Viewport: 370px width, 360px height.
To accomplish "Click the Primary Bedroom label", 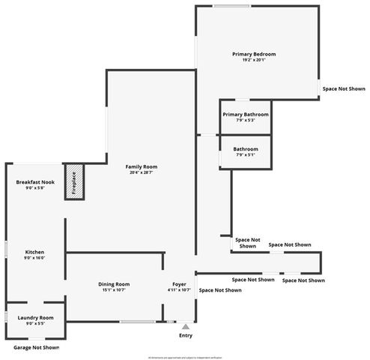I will click(254, 54).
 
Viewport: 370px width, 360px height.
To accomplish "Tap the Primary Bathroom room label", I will click(244, 114).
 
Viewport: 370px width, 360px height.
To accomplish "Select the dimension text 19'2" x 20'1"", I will click(254, 60).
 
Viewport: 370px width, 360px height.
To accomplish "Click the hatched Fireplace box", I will click(75, 182).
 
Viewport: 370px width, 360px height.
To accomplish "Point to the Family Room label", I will click(141, 166).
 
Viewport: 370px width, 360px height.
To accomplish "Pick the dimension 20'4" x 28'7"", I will click(141, 172).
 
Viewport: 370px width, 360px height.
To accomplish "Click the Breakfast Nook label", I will click(35, 182).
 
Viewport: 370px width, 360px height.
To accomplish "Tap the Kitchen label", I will click(35, 251).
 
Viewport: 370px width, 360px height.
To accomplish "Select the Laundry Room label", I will click(35, 318).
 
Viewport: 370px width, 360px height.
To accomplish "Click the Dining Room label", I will click(114, 283).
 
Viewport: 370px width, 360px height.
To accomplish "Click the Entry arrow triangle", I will click(185, 327).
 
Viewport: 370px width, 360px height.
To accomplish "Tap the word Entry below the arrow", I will click(185, 335).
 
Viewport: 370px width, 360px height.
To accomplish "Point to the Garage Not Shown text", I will click(36, 347).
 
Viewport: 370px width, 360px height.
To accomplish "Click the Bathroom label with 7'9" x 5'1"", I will click(245, 148).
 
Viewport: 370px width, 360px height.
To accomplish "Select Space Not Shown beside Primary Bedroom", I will click(344, 88).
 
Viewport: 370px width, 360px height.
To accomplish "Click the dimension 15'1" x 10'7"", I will click(114, 289).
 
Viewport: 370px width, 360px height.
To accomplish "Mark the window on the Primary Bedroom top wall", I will click(231, 7).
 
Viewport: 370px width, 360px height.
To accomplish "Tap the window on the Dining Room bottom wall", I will click(136, 322).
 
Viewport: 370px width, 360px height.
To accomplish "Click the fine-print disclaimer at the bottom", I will click(185, 357).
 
